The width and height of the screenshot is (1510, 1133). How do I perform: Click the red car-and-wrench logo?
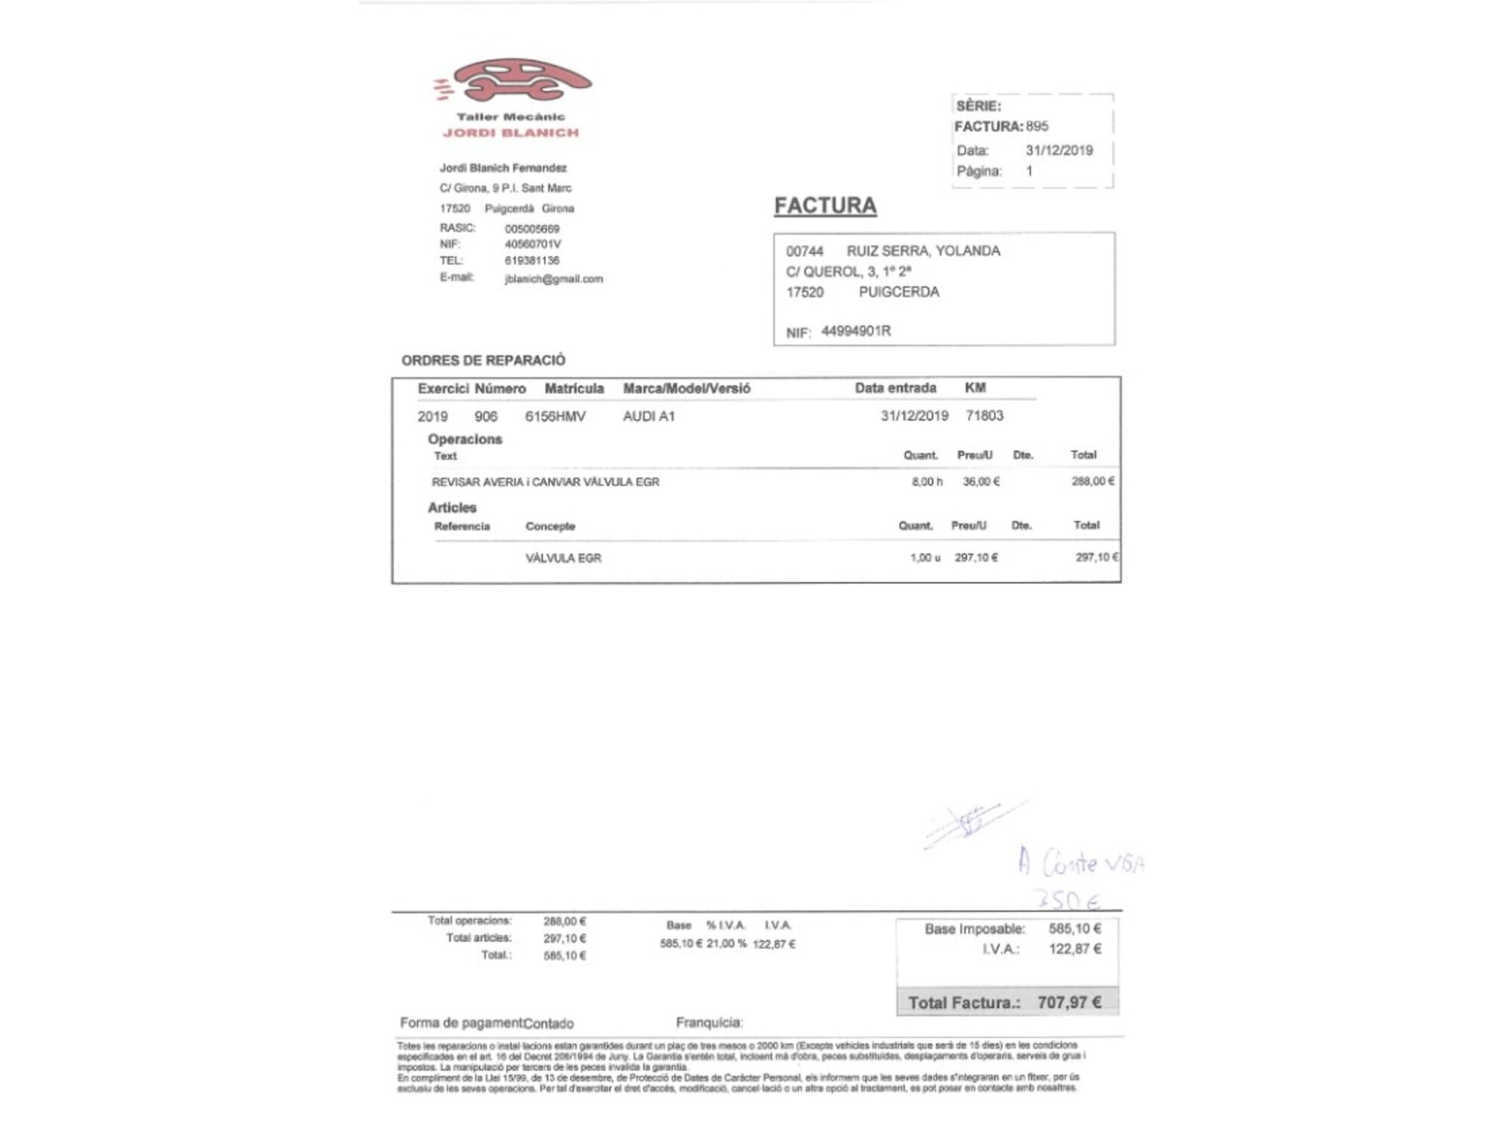tap(513, 80)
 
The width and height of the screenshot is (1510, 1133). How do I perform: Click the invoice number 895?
tap(1037, 126)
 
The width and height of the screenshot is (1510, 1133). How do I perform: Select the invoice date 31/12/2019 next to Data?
tap(1059, 150)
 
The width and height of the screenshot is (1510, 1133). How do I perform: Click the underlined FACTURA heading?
tap(825, 205)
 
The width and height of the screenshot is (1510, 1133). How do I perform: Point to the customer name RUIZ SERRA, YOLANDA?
tap(923, 251)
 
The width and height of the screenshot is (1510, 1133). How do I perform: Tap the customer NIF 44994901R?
tap(855, 331)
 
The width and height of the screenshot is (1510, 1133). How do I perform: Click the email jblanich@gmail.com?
tap(553, 279)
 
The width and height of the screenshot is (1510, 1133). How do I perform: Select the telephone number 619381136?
tap(532, 261)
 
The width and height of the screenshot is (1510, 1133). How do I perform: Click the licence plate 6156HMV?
tap(555, 416)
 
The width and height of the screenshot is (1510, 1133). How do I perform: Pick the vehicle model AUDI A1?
tap(649, 416)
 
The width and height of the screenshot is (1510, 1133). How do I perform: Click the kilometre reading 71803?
tap(985, 415)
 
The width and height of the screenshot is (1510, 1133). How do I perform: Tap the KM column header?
tap(975, 387)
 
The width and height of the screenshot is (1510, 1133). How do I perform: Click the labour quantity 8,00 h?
tap(926, 482)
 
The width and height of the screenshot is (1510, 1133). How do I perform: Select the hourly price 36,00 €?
tap(981, 482)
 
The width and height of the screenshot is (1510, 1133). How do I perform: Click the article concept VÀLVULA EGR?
tap(563, 558)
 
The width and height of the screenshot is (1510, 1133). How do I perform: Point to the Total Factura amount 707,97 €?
tap(1069, 1002)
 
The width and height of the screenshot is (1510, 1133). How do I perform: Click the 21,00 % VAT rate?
tap(726, 943)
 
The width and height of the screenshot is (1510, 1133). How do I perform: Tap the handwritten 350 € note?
tap(1067, 900)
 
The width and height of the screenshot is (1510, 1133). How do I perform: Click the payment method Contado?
tap(548, 1023)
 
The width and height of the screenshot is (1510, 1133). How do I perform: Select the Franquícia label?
tap(709, 1023)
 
